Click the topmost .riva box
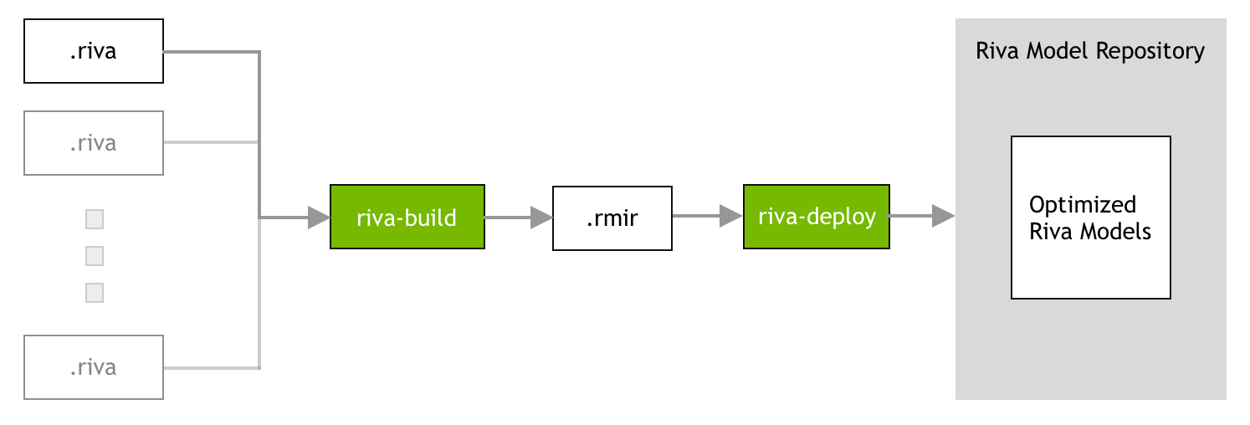click(93, 52)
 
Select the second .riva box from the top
click(93, 143)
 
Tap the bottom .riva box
click(93, 367)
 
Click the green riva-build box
click(407, 218)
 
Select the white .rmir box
click(612, 218)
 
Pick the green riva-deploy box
click(816, 217)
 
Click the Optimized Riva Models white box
click(1090, 218)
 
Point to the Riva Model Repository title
click(1090, 51)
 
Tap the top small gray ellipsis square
click(95, 219)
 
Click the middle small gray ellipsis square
click(95, 255)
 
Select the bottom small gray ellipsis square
click(95, 293)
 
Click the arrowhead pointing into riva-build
click(319, 218)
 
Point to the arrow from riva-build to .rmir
click(518, 218)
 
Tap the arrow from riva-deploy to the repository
click(921, 216)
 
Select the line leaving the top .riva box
click(209, 52)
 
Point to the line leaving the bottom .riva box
click(209, 367)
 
